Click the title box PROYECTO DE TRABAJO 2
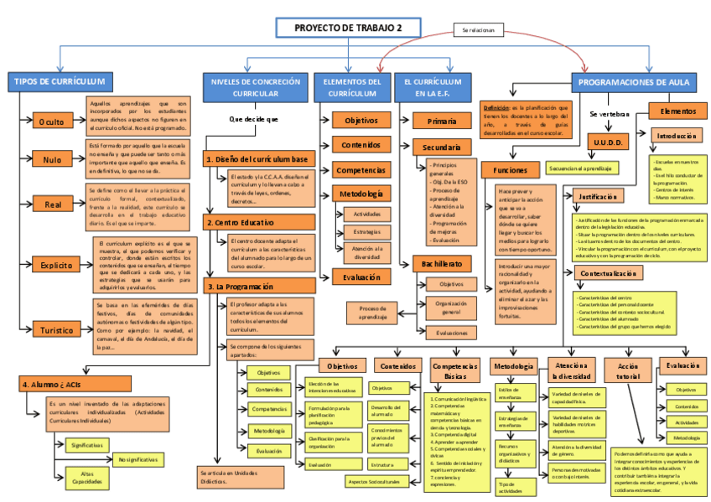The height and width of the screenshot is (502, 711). point(348,28)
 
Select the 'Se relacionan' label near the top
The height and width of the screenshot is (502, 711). point(478,30)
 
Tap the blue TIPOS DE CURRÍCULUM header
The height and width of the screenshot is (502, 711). point(60,81)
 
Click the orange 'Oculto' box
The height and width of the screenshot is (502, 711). point(51,122)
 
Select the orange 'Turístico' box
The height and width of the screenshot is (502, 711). point(56,330)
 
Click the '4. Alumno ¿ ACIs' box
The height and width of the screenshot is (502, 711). point(74,383)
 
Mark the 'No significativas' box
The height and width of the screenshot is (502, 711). point(138,459)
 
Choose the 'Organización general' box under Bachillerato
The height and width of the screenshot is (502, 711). point(451,308)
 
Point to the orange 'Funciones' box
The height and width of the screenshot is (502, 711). point(510,169)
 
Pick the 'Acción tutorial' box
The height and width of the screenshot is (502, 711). point(627,371)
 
